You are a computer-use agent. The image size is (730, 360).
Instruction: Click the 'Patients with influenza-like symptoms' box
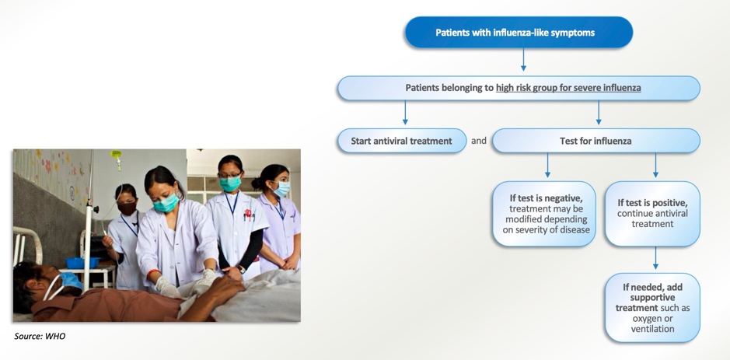[519, 33]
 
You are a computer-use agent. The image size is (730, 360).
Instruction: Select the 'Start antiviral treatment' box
[401, 141]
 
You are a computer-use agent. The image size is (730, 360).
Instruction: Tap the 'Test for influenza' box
[596, 141]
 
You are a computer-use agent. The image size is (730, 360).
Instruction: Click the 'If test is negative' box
[543, 214]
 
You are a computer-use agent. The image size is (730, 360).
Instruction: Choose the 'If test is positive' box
[652, 214]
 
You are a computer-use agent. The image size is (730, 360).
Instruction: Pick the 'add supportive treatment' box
[652, 308]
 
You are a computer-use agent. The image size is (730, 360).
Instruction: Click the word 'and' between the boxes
[479, 140]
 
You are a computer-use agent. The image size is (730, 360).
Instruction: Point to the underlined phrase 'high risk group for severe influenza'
[568, 88]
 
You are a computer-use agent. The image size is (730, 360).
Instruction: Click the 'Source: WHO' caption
[40, 336]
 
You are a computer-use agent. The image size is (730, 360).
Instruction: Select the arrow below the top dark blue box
[523, 59]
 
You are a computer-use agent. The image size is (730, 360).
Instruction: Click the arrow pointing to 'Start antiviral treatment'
[405, 112]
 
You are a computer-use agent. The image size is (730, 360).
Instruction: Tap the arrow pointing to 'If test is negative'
[547, 165]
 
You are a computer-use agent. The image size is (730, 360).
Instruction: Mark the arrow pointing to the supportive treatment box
[655, 257]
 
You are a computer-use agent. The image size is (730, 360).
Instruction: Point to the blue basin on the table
[82, 263]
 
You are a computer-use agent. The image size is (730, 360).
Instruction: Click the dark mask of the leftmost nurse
[127, 208]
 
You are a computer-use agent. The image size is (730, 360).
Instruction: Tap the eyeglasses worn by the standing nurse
[230, 176]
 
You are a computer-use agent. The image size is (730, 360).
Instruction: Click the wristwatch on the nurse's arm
[240, 269]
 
